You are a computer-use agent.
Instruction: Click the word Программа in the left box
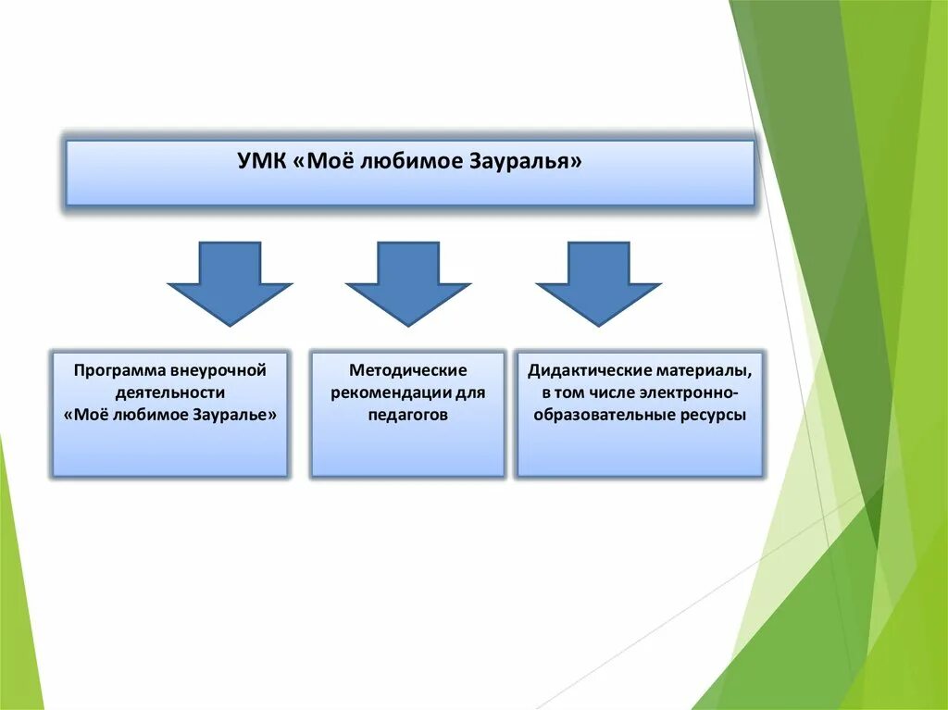click(118, 370)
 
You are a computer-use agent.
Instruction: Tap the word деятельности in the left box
click(170, 392)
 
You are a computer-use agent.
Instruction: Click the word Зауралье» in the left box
click(235, 415)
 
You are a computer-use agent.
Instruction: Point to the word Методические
click(407, 370)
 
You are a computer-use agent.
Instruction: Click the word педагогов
click(407, 415)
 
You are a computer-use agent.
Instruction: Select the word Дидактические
click(587, 370)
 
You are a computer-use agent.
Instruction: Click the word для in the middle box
click(470, 392)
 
